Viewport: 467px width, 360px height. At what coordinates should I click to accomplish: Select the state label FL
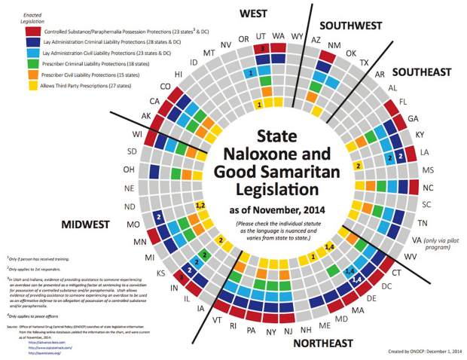pyautogui.click(x=403, y=100)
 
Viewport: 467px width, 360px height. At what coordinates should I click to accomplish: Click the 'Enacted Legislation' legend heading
pyautogui.click(x=26, y=16)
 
